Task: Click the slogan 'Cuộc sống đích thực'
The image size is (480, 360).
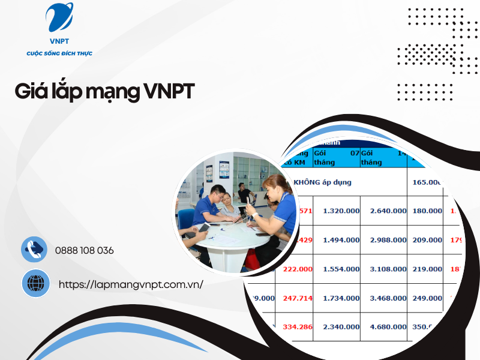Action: pos(59,53)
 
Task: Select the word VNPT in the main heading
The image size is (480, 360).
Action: pos(170,92)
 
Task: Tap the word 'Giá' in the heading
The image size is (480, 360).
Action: pos(31,92)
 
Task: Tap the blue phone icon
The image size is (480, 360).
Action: pos(34,250)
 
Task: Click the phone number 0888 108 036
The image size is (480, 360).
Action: pos(84,250)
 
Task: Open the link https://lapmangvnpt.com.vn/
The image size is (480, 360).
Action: pos(131,284)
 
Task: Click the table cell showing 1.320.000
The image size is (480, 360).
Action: pos(341,211)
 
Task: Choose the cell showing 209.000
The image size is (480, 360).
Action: pos(427,240)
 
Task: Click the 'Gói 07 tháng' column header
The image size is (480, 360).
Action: pos(336,157)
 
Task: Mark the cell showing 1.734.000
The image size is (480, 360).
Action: pos(341,298)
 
